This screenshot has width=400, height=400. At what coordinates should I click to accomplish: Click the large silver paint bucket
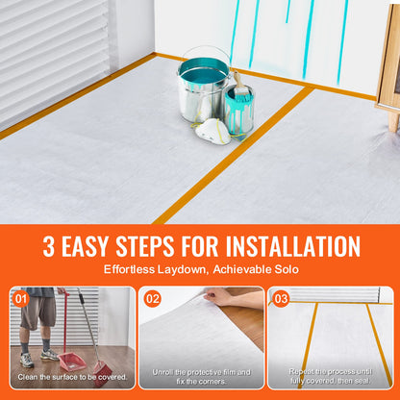[x=203, y=82]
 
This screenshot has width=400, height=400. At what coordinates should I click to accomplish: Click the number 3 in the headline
[x=49, y=245]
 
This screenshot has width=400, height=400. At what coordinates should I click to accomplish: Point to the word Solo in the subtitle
[x=285, y=270]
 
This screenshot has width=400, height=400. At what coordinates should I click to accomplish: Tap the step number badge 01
[x=22, y=299]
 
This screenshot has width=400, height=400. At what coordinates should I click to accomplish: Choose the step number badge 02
[x=153, y=299]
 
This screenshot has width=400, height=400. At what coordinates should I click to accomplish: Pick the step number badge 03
[x=281, y=299]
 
